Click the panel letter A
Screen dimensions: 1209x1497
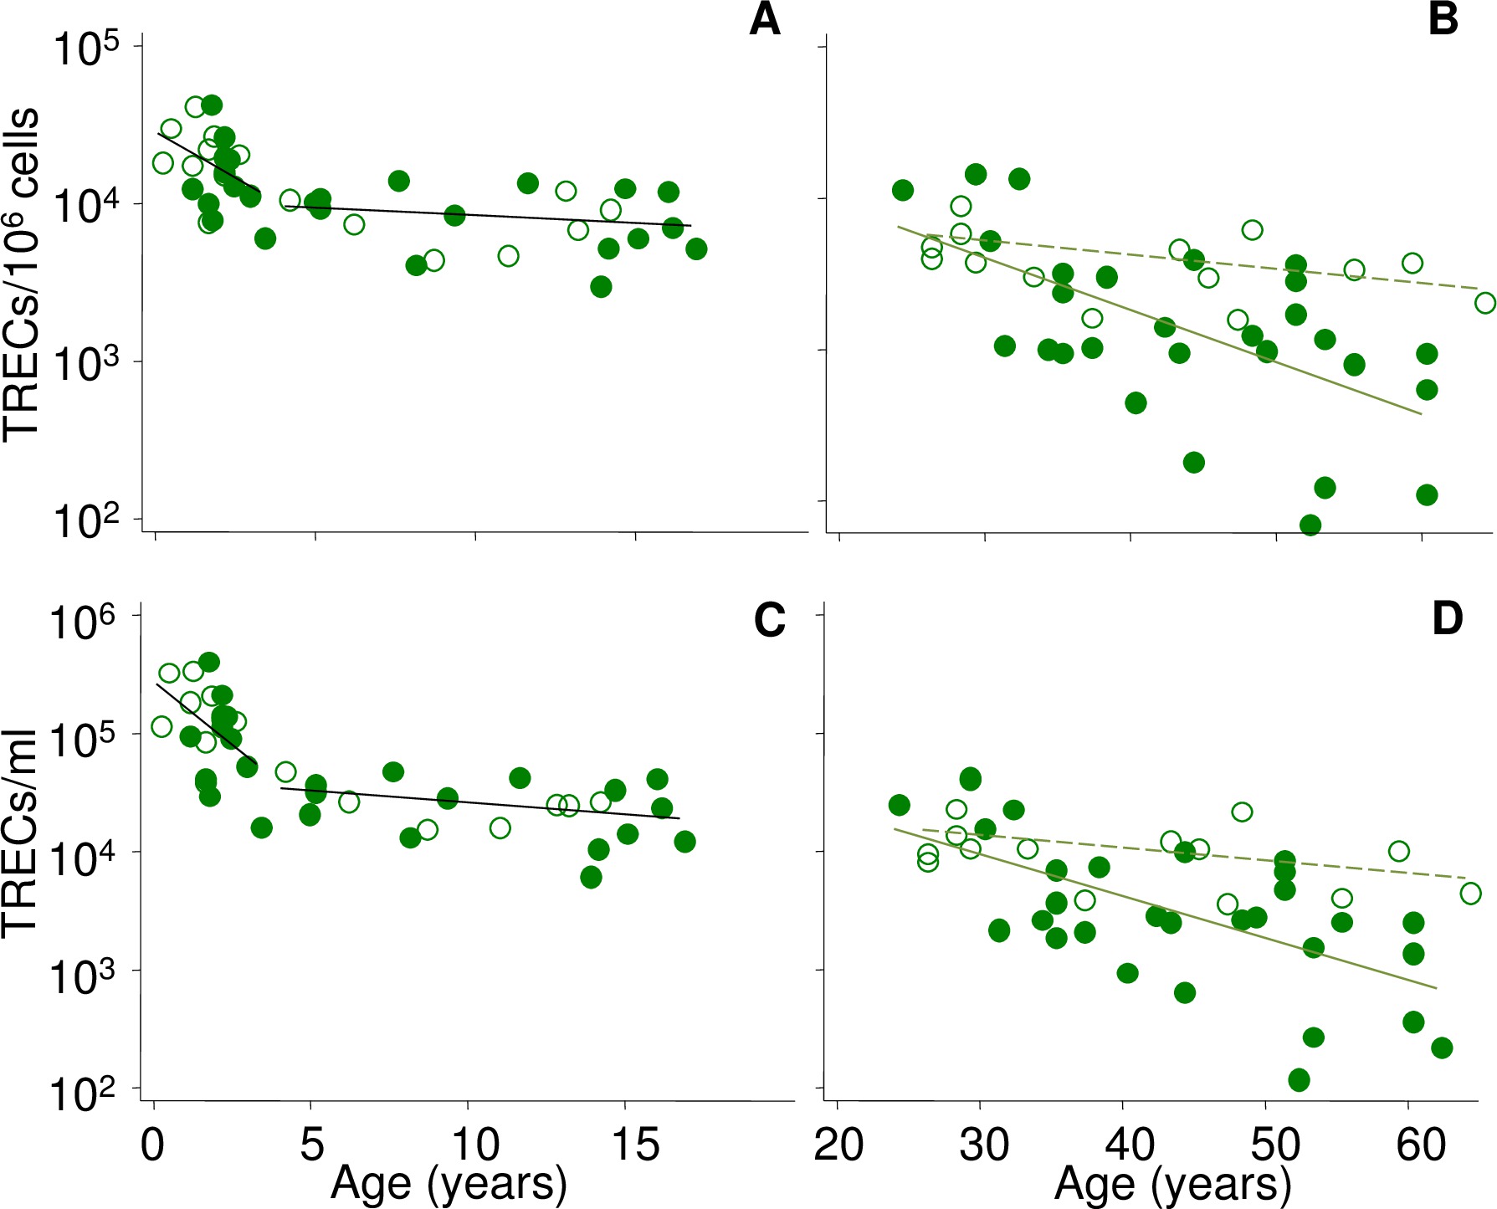click(765, 20)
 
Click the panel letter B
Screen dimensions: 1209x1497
click(1443, 20)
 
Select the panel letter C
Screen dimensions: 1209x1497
click(769, 620)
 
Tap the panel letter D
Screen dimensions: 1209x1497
click(1447, 619)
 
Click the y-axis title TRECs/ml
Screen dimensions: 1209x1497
click(20, 832)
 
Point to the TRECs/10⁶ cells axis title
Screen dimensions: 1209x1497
click(20, 273)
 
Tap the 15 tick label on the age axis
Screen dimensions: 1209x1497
click(636, 1145)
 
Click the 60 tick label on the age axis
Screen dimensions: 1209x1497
click(1421, 1145)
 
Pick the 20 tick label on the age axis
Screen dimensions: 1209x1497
click(839, 1145)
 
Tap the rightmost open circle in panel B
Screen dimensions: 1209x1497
click(1485, 303)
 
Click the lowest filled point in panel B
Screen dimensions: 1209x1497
click(1310, 525)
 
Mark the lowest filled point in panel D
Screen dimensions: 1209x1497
click(1299, 1079)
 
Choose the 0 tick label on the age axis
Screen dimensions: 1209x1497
click(153, 1145)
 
